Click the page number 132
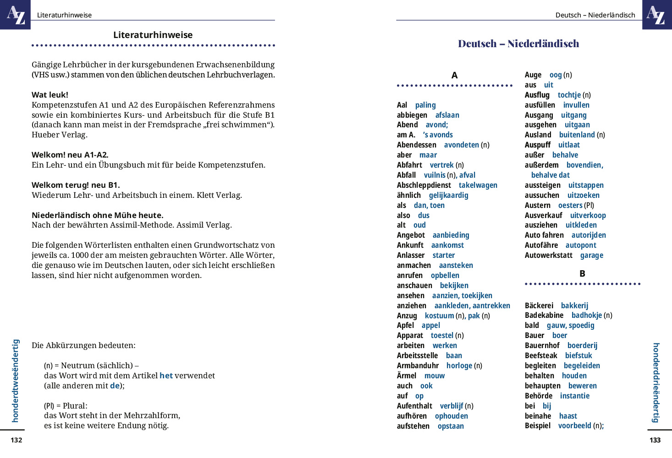click(x=17, y=440)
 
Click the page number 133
click(x=655, y=440)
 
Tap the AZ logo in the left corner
click(x=15, y=14)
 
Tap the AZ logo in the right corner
click(x=657, y=14)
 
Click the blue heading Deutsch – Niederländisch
click(x=518, y=44)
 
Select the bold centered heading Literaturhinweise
click(x=153, y=35)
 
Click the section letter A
click(x=454, y=76)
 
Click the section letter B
click(x=582, y=274)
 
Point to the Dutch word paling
click(x=425, y=105)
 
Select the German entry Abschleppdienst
click(x=424, y=185)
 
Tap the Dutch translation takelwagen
click(x=478, y=185)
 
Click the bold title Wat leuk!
click(x=50, y=95)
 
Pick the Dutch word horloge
click(x=459, y=365)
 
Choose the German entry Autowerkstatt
click(x=548, y=255)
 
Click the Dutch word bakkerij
click(x=574, y=305)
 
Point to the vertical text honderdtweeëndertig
click(x=16, y=380)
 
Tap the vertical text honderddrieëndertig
click(x=656, y=382)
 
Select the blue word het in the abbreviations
click(x=166, y=376)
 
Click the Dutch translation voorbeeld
click(x=574, y=425)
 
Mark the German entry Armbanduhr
click(x=418, y=365)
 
